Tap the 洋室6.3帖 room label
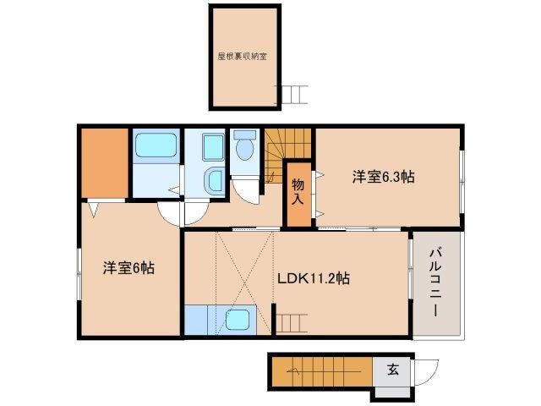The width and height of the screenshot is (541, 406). coord(383,177)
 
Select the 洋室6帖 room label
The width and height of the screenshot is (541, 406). coord(128,268)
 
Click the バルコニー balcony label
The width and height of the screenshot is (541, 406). coord(436,282)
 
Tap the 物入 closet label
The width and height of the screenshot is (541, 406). coord(298,191)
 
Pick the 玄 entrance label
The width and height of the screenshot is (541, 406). coord(393,370)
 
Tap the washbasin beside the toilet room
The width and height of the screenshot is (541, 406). coord(214,180)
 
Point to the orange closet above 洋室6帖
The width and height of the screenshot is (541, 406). coord(104,162)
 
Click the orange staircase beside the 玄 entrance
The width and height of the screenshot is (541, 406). coord(321,370)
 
